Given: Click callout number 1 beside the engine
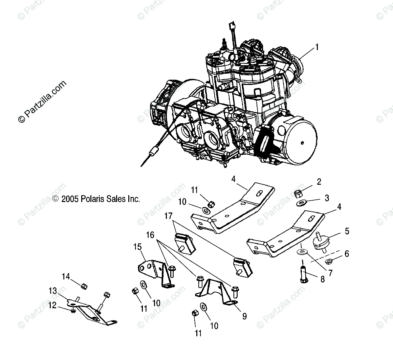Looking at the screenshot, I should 317,47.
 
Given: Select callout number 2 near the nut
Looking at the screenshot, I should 319,182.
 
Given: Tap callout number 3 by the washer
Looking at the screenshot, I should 327,198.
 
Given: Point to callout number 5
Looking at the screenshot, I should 347,231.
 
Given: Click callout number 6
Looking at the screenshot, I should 346,254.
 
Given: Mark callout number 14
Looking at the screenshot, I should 66,277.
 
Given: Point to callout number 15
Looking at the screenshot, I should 137,247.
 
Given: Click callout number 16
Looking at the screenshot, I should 150,234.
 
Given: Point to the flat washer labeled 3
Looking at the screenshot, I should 301,204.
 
